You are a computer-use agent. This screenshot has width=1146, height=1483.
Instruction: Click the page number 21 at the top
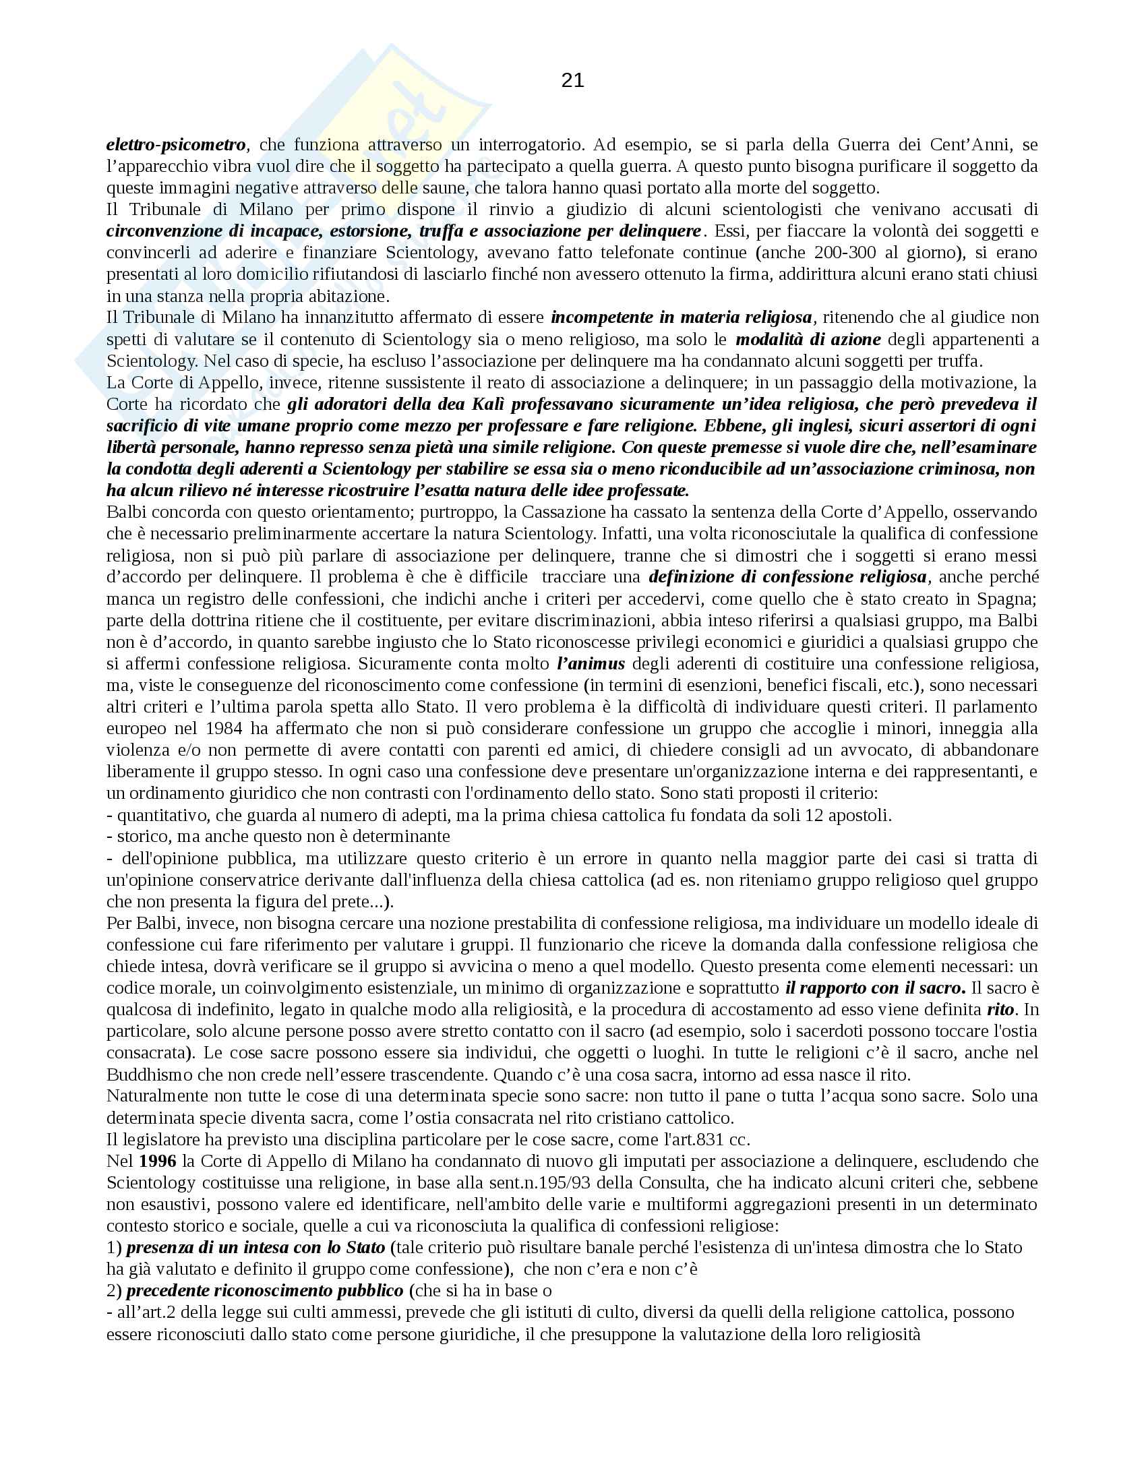(572, 81)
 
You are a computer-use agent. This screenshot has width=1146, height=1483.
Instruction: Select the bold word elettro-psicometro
(175, 145)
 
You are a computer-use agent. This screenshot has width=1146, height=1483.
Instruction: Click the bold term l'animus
(590, 663)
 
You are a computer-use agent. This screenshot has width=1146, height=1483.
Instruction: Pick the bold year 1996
(160, 1161)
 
